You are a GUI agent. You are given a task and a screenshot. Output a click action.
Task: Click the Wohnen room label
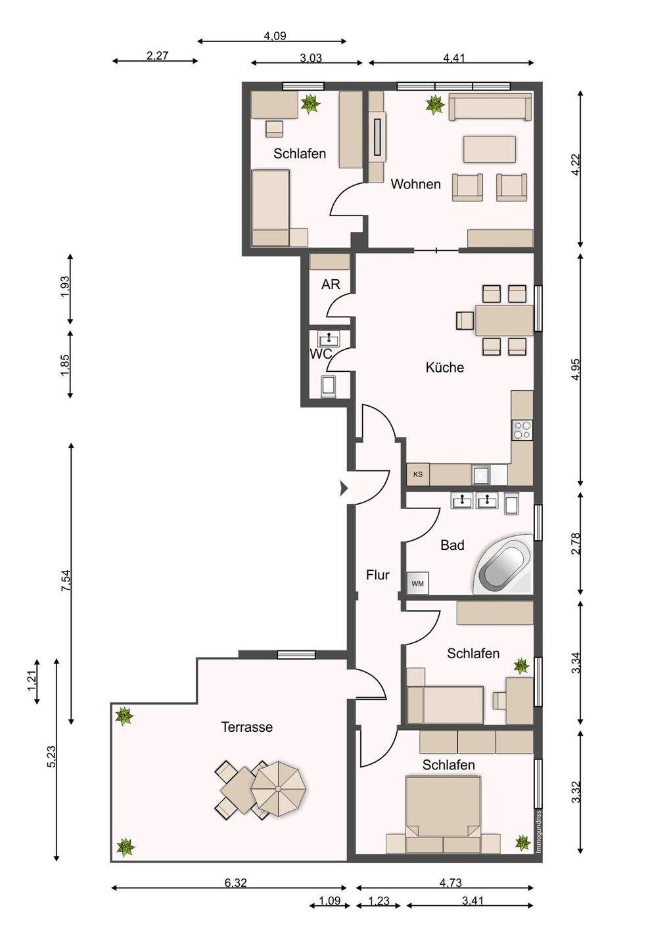[415, 184]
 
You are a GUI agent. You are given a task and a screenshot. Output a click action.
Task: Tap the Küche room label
[445, 367]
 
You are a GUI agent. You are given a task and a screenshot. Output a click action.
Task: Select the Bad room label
[452, 545]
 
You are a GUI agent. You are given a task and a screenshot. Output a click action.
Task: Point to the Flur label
[378, 575]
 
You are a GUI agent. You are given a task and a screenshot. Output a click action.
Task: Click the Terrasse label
[247, 727]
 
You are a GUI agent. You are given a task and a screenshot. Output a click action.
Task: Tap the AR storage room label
[331, 284]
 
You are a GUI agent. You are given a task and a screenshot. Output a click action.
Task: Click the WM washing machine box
[418, 583]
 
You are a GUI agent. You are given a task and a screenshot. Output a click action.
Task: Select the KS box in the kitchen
[418, 474]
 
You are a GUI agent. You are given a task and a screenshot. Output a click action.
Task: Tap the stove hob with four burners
[522, 430]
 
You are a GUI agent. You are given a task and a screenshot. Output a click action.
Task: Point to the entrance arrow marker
[344, 489]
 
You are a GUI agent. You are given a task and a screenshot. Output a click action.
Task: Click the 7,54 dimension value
[66, 581]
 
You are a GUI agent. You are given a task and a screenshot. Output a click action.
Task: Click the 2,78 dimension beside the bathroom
[576, 544]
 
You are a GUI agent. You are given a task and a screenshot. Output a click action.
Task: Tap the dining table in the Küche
[504, 321]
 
